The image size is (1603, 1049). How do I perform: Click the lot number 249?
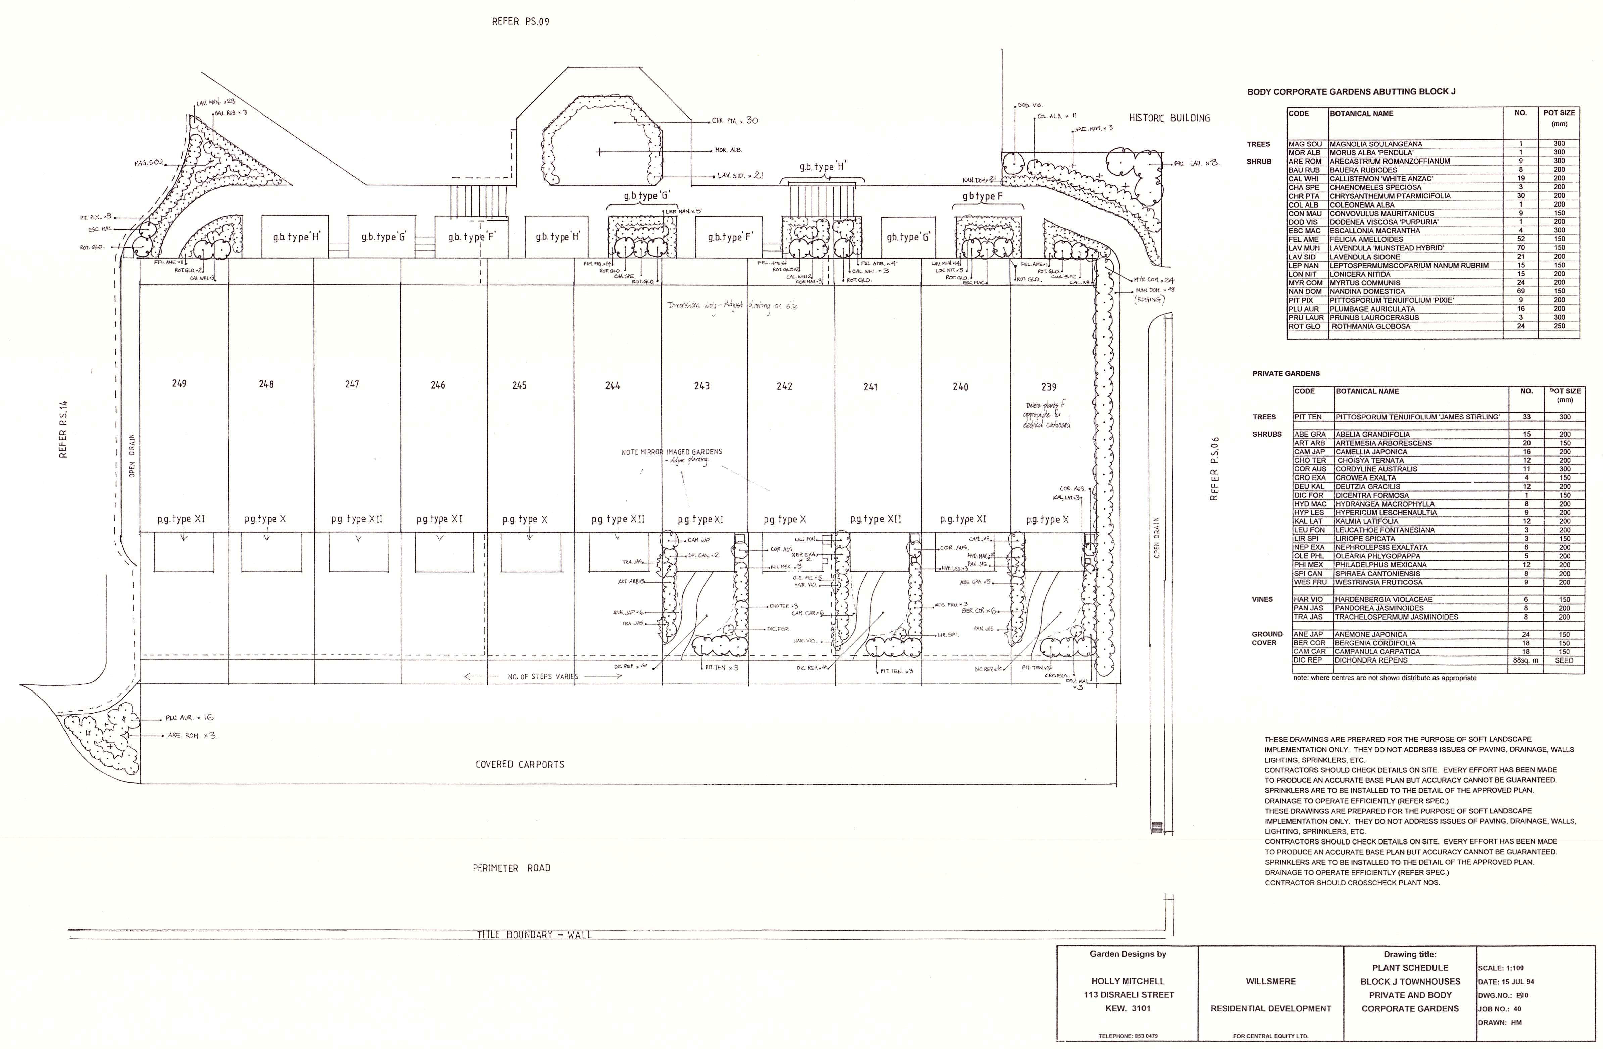pos(179,383)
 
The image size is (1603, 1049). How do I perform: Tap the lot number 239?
pos(1049,387)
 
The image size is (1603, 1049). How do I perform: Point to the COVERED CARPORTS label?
pos(519,764)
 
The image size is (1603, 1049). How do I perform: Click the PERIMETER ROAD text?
pos(511,868)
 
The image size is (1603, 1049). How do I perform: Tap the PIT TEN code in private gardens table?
pos(1308,417)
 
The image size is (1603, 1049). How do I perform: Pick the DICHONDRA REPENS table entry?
pos(1369,660)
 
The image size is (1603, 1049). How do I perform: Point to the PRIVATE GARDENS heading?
pos(1286,373)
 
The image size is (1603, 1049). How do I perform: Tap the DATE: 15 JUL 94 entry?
pos(1506,982)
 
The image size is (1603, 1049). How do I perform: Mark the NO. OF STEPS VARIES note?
pos(542,676)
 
